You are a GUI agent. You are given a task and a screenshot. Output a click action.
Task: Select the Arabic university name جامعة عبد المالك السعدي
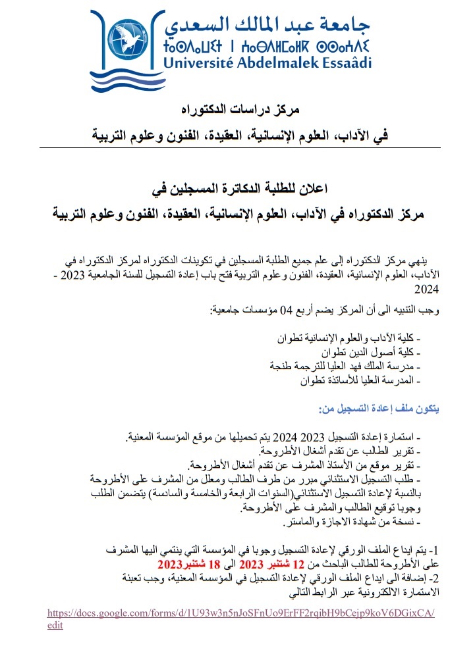pyautogui.click(x=267, y=22)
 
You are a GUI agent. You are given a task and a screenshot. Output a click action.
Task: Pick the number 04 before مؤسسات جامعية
pyautogui.click(x=286, y=309)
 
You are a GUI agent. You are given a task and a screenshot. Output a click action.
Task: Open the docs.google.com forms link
pyautogui.click(x=242, y=613)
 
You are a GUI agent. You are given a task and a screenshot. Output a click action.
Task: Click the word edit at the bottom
pyautogui.click(x=55, y=625)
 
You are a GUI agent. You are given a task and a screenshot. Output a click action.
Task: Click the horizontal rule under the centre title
pyautogui.click(x=237, y=148)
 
